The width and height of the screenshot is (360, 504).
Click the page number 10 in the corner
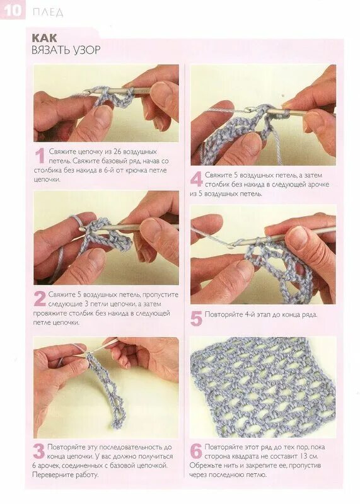pyautogui.click(x=13, y=10)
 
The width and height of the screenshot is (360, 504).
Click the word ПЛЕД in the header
pyautogui.click(x=48, y=12)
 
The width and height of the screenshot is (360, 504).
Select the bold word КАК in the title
pyautogui.click(x=44, y=38)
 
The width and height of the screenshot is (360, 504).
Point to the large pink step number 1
pyautogui.click(x=40, y=156)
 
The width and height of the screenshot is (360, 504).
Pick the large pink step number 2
pyautogui.click(x=40, y=299)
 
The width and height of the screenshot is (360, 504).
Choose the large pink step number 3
pyautogui.click(x=39, y=451)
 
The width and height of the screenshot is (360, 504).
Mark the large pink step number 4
pyautogui.click(x=196, y=180)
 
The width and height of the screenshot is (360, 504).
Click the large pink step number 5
pyautogui.click(x=196, y=318)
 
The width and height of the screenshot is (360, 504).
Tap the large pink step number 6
pyautogui.click(x=196, y=451)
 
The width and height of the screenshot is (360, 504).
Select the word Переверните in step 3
pyautogui.click(x=51, y=475)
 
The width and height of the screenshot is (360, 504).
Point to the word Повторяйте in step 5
pyautogui.click(x=222, y=314)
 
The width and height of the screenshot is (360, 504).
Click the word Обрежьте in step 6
pyautogui.click(x=203, y=465)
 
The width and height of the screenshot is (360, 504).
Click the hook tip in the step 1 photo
pyautogui.click(x=85, y=92)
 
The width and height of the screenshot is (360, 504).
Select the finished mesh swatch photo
pyautogui.click(x=263, y=387)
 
